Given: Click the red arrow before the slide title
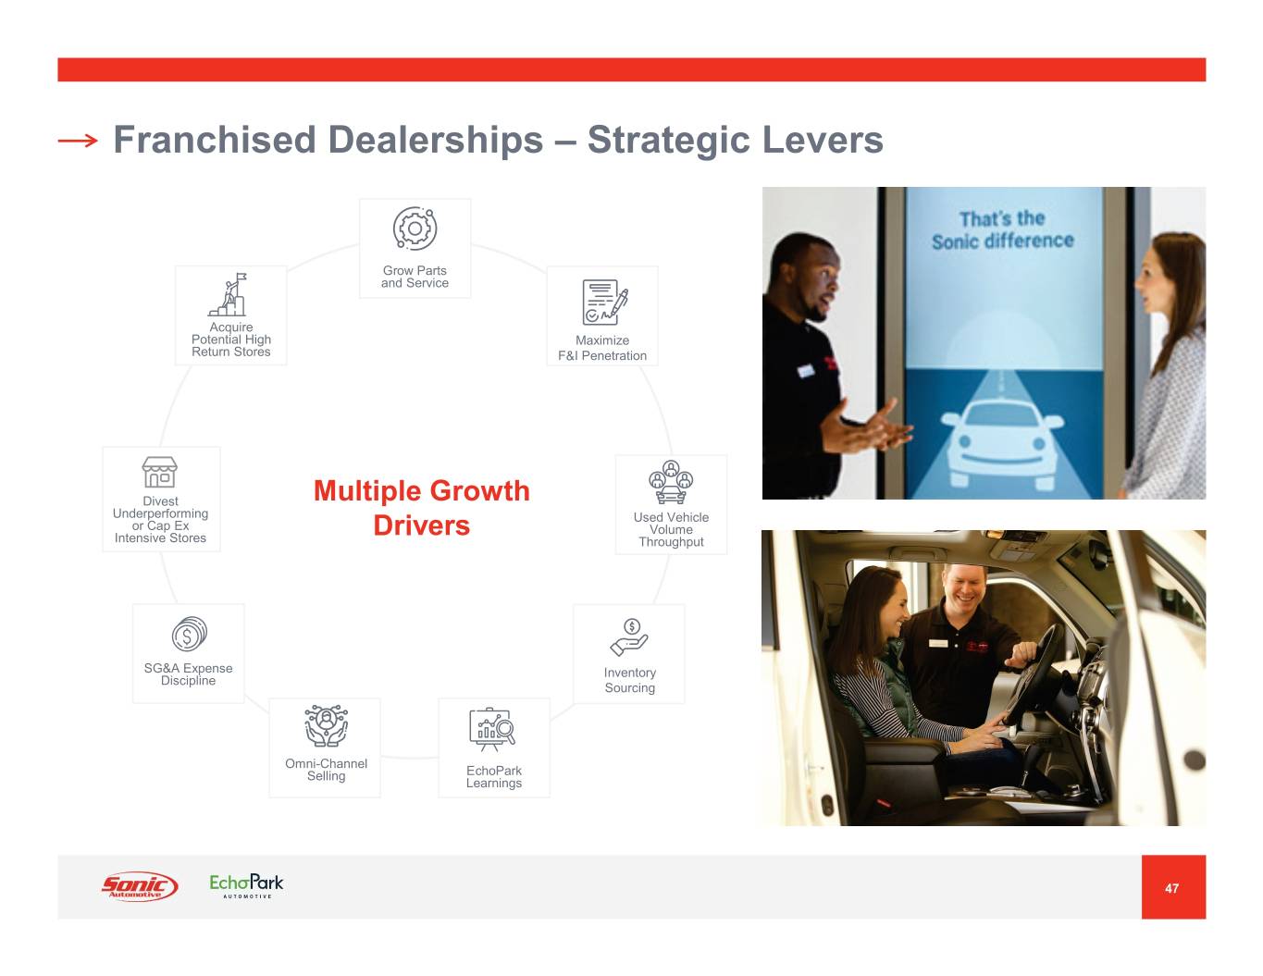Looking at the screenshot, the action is [78, 140].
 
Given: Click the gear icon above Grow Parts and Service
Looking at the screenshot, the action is [415, 229].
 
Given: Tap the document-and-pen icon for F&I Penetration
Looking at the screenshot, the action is [604, 303].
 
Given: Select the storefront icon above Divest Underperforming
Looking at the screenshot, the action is [160, 472].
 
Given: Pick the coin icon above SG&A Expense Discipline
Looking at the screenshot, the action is [190, 634].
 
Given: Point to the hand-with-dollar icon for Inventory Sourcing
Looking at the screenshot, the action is [629, 637].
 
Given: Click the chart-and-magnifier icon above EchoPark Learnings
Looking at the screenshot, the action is [492, 729].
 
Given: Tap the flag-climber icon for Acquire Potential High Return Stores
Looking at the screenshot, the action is [228, 294].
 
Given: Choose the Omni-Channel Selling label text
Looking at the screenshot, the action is [326, 770].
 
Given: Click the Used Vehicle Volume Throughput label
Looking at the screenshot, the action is [672, 529].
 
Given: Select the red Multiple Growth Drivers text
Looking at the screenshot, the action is [421, 508].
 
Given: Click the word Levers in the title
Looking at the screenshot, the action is [822, 140].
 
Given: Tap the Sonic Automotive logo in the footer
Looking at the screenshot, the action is [140, 886].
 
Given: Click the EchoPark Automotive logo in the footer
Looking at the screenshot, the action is [246, 886].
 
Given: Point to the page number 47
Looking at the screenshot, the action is [1171, 888].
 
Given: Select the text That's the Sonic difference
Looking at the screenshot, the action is [1003, 230].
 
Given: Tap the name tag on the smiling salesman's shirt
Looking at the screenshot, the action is [938, 643].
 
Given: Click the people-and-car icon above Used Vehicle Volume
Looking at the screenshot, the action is [671, 482].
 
